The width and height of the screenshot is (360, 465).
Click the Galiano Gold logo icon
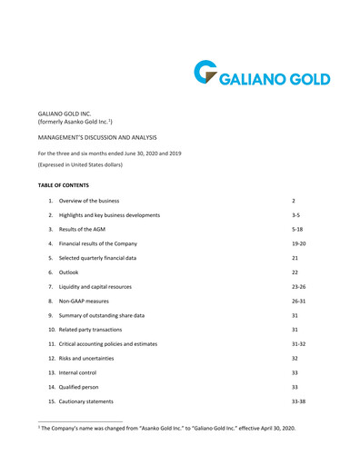tap(205, 73)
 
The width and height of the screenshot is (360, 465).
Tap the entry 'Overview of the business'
tap(88, 199)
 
